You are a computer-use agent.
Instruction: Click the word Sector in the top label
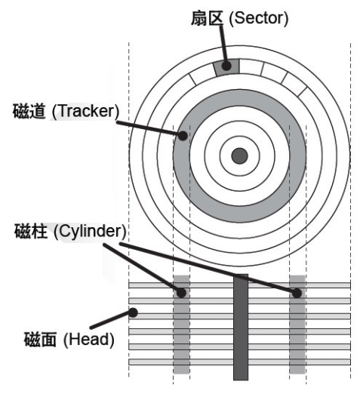click(258, 18)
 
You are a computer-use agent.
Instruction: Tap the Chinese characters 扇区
click(207, 18)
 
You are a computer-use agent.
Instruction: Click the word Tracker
click(85, 111)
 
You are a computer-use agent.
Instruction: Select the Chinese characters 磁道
click(29, 111)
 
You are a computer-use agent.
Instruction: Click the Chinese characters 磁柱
click(31, 231)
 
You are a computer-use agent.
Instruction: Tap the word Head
click(89, 339)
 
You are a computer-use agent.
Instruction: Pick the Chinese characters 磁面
click(40, 339)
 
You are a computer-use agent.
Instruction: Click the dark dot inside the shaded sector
click(226, 66)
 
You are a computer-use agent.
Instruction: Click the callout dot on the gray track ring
click(183, 136)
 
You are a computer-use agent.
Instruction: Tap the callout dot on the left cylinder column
click(181, 293)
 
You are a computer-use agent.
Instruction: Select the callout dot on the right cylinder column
click(297, 293)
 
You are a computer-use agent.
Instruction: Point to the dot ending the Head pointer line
click(133, 312)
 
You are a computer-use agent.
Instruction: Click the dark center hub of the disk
click(239, 155)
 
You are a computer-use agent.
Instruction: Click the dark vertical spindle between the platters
click(241, 327)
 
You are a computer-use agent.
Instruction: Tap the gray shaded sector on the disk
click(226, 67)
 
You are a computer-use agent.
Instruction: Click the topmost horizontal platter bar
click(239, 285)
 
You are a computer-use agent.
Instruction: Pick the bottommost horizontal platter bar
click(239, 362)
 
